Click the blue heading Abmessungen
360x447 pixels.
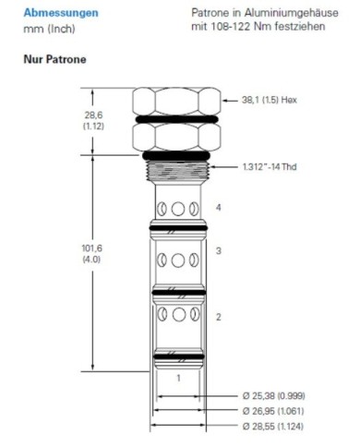[x=61, y=13]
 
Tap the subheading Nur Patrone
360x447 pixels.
[x=54, y=59]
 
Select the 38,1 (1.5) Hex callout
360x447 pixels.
[x=270, y=100]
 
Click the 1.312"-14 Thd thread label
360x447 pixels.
[x=270, y=167]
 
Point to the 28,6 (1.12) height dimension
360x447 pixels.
[x=93, y=120]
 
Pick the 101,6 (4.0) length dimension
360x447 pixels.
[x=91, y=253]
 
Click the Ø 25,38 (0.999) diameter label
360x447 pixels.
[x=273, y=395]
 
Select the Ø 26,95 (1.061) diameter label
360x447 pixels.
[x=273, y=411]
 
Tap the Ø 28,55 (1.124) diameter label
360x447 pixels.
[x=273, y=426]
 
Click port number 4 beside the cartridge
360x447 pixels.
[x=218, y=208]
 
